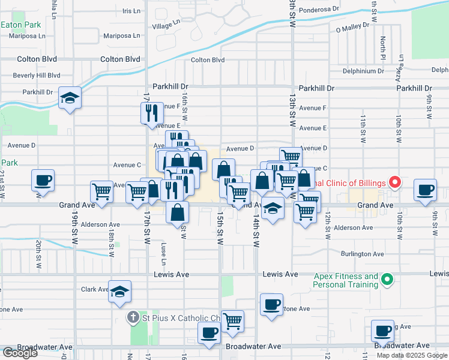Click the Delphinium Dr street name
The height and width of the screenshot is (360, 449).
pyautogui.click(x=364, y=71)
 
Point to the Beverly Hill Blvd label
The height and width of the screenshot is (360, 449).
pyautogui.click(x=37, y=76)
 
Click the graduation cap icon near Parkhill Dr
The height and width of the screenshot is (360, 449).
pyautogui.click(x=70, y=98)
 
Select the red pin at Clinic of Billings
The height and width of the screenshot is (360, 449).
pyautogui.click(x=394, y=181)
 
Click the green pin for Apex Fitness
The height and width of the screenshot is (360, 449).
pyautogui.click(x=387, y=279)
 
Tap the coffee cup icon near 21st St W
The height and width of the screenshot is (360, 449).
pyautogui.click(x=44, y=179)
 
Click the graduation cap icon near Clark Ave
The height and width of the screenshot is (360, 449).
pyautogui.click(x=120, y=291)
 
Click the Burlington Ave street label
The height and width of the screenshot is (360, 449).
pyautogui.click(x=363, y=254)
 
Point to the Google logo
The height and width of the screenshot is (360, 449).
pyautogui.click(x=20, y=353)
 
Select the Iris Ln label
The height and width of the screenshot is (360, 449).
pyautogui.click(x=131, y=11)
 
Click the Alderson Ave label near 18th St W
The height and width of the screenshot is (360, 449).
pyautogui.click(x=101, y=225)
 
